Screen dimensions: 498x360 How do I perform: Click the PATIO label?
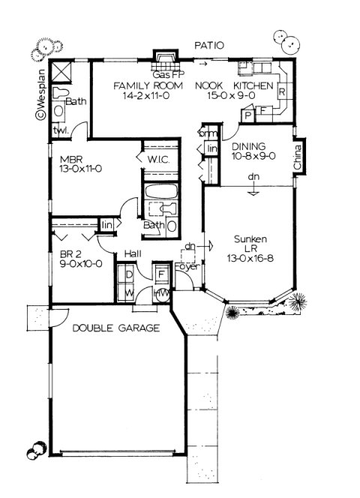pyautogui.click(x=209, y=46)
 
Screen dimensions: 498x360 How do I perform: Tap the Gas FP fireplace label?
pyautogui.click(x=167, y=76)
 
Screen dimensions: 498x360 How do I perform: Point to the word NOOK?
pyautogui.click(x=210, y=86)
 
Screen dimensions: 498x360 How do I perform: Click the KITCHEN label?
pyautogui.click(x=257, y=86)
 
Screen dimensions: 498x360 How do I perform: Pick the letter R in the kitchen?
pyautogui.click(x=281, y=92)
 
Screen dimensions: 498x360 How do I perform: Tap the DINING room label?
pyautogui.click(x=247, y=147)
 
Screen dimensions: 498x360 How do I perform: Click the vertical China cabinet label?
pyautogui.click(x=298, y=159)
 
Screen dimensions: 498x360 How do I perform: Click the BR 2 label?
pyautogui.click(x=71, y=253)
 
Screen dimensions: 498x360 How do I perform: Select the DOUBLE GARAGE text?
pyautogui.click(x=116, y=328)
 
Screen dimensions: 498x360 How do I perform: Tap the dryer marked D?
pyautogui.click(x=127, y=274)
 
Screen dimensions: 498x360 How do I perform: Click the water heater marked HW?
pyautogui.click(x=160, y=294)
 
